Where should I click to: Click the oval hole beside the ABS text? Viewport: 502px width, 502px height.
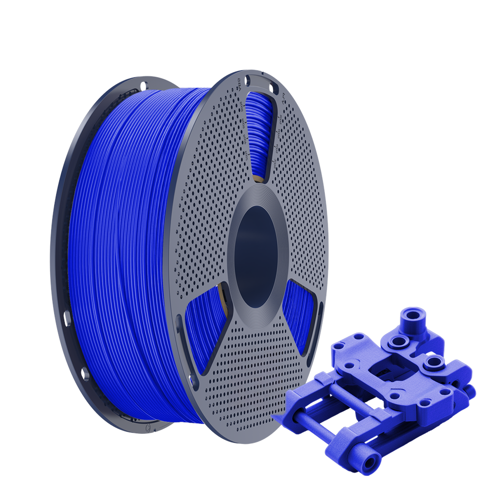click(247, 79)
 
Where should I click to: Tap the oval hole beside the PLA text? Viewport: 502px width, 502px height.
click(273, 89)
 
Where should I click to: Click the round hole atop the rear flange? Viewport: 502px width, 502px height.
click(143, 85)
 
